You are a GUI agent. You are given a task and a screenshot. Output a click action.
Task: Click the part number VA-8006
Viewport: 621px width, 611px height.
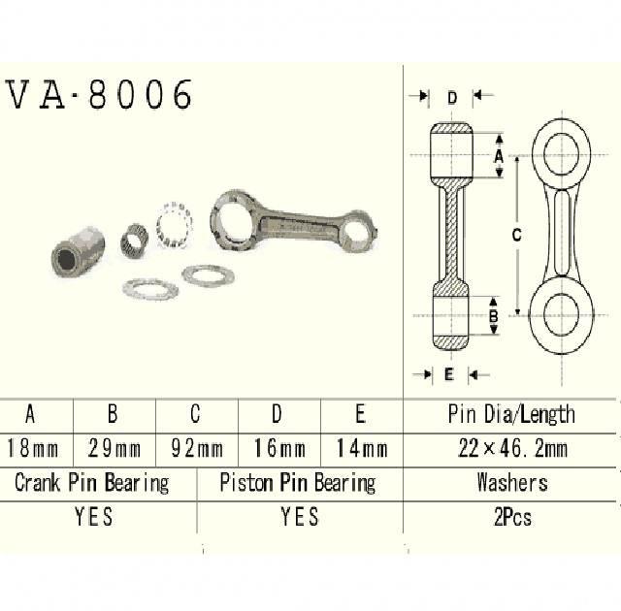(100, 94)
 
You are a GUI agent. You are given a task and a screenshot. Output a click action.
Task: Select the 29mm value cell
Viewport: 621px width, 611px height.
(113, 449)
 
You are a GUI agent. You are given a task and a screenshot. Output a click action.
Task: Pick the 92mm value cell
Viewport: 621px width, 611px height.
(195, 449)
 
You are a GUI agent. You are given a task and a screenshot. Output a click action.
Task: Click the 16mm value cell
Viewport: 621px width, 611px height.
(278, 449)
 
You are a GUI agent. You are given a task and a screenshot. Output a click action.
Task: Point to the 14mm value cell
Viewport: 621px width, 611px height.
(360, 449)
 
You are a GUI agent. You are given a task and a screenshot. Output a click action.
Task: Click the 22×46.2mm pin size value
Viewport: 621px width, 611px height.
(511, 449)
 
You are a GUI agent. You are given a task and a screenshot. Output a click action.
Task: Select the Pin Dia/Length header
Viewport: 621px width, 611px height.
(511, 415)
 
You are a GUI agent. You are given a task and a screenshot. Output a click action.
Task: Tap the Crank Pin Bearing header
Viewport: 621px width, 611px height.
(92, 482)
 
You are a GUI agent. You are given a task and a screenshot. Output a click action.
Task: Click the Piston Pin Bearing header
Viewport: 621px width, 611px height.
(298, 482)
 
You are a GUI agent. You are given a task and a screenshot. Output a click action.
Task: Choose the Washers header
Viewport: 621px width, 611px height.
(511, 482)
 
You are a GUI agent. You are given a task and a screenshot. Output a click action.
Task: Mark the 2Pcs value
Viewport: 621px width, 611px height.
(511, 517)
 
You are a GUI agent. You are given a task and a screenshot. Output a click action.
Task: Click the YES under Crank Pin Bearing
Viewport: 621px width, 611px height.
(93, 517)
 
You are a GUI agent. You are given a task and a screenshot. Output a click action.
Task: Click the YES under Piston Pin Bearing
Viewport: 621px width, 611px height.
(299, 517)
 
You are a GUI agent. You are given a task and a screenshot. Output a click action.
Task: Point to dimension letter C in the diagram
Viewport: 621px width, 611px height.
(516, 234)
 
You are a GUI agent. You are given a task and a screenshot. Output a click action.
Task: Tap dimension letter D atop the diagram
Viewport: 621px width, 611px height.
(452, 97)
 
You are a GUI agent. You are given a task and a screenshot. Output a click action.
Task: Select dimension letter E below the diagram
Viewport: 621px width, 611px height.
(448, 373)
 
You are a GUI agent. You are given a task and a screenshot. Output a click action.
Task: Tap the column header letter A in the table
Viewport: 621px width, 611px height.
(30, 415)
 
